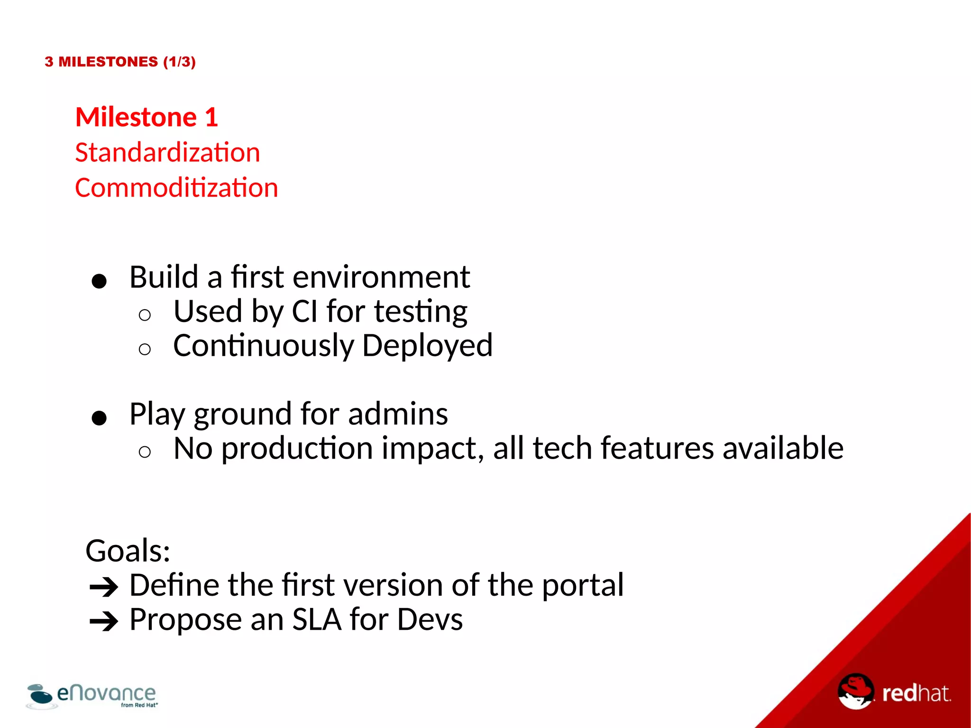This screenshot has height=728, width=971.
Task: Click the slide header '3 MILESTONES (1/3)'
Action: coord(120,62)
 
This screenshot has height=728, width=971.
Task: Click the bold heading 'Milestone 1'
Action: coord(147,117)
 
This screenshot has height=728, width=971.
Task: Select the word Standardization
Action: coord(167,153)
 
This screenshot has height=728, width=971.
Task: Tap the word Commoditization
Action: coord(176,188)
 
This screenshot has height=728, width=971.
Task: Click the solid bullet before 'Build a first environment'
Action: coord(99,281)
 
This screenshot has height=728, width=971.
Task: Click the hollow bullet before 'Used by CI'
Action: coord(145,315)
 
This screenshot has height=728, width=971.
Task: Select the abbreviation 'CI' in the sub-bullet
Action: coord(304,312)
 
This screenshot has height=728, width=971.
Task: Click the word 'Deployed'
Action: coord(427,346)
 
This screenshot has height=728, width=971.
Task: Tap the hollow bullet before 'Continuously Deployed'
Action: coord(145,350)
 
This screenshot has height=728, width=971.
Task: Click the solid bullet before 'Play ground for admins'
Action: coord(99,418)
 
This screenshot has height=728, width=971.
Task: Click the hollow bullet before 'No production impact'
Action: coord(145,452)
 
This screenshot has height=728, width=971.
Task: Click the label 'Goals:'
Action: coord(128,551)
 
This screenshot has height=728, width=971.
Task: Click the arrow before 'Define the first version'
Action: coord(104,588)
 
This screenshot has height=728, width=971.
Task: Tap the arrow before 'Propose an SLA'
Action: coord(104,622)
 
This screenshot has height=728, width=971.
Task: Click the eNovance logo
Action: coord(92,696)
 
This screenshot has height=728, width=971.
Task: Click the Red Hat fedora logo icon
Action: coord(855,691)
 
